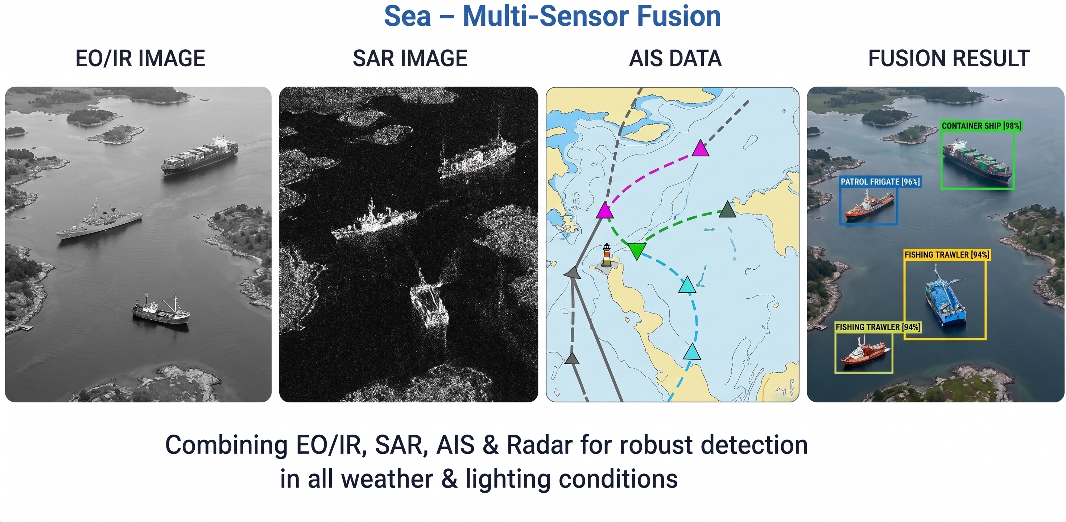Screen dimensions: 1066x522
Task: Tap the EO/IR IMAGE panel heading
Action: click(x=140, y=58)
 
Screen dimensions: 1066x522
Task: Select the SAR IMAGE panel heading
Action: click(x=410, y=58)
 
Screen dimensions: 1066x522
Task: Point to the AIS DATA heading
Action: click(x=675, y=58)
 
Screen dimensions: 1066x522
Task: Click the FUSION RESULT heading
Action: click(x=949, y=58)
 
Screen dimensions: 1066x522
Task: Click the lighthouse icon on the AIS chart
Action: click(x=606, y=255)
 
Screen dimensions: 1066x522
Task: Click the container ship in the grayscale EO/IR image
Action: click(x=200, y=154)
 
